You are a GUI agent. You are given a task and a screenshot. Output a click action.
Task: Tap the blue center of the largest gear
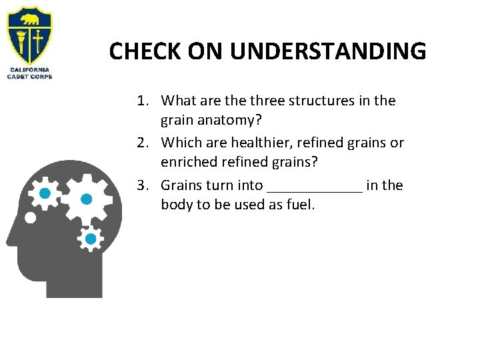pos(86,199)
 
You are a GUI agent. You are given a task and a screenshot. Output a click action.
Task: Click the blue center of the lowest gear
pos(91,238)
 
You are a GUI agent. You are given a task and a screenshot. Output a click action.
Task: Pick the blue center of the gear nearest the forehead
pos(45,194)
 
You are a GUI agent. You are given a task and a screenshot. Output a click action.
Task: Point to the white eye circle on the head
pos(29,217)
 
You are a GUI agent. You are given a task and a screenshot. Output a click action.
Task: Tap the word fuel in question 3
pos(298,205)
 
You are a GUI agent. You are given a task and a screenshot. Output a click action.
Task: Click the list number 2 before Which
pos(141,143)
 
